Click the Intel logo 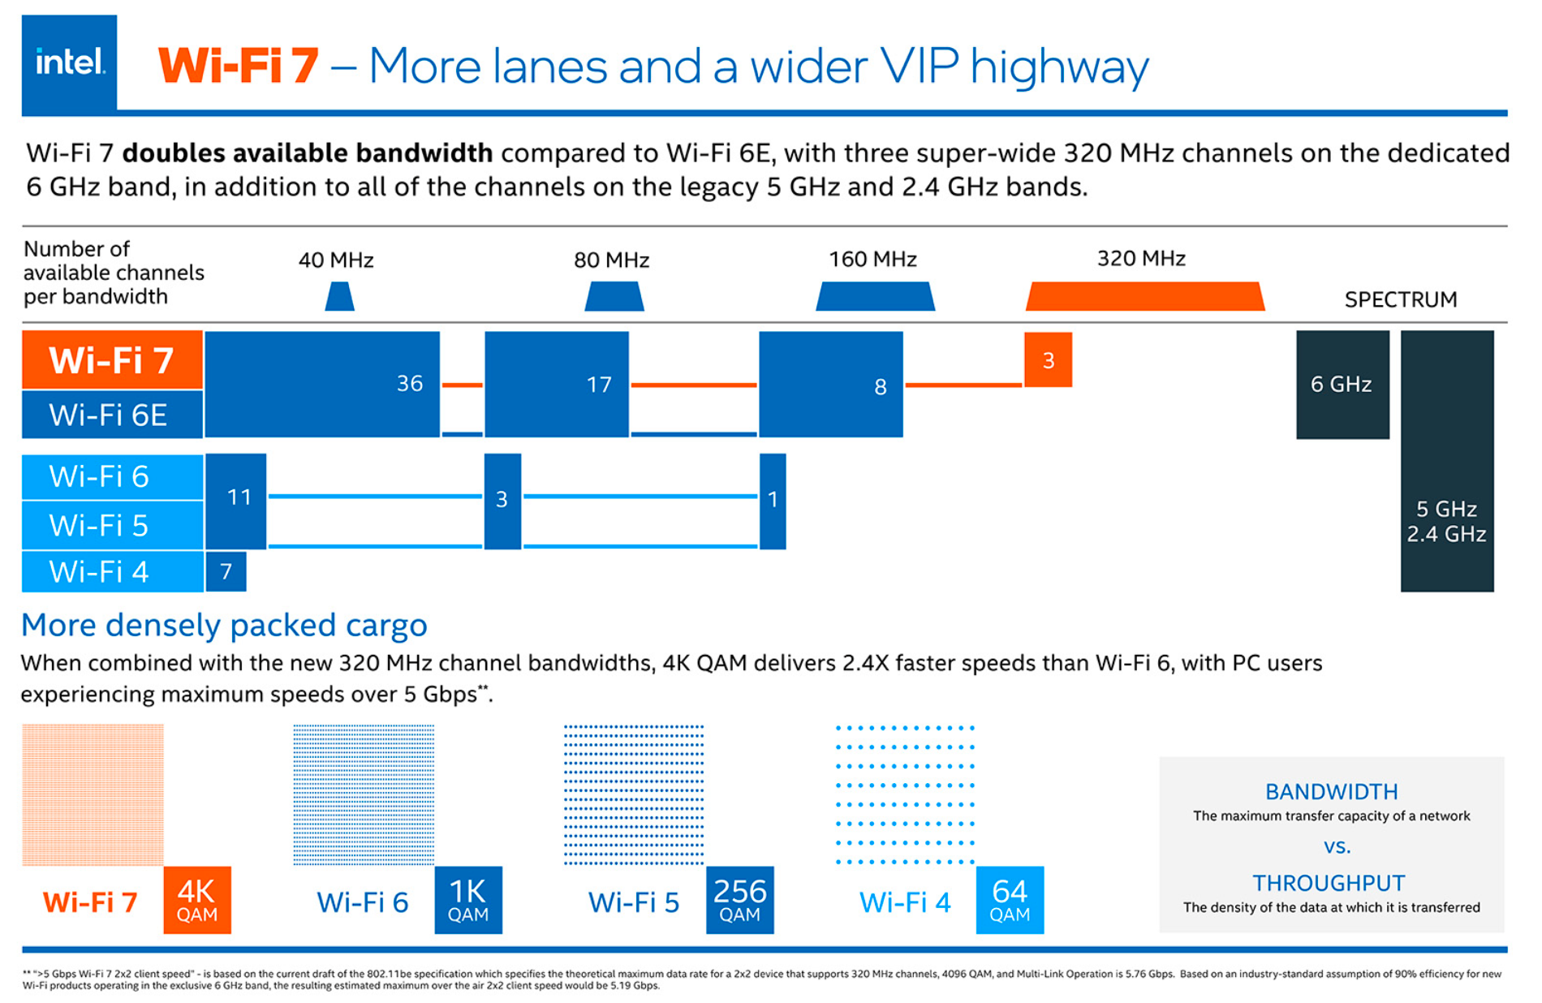pyautogui.click(x=69, y=62)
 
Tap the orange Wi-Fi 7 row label pyautogui.click(x=112, y=359)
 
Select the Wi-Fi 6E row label pyautogui.click(x=112, y=415)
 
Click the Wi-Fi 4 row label pyautogui.click(x=112, y=571)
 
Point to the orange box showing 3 pyautogui.click(x=1048, y=359)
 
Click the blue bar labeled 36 pyautogui.click(x=322, y=384)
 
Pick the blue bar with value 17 pyautogui.click(x=557, y=384)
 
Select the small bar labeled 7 pyautogui.click(x=226, y=571)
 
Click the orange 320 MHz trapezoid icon pyautogui.click(x=1144, y=296)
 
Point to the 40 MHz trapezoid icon pyautogui.click(x=339, y=296)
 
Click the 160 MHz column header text pyautogui.click(x=872, y=260)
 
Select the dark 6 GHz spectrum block pyautogui.click(x=1342, y=384)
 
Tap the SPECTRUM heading pyautogui.click(x=1400, y=299)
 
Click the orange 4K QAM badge pyautogui.click(x=197, y=900)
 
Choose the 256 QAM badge pyautogui.click(x=739, y=900)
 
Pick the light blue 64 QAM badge pyautogui.click(x=1010, y=900)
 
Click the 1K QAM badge pyautogui.click(x=468, y=900)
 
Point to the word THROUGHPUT pyautogui.click(x=1329, y=883)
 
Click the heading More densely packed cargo pyautogui.click(x=224, y=625)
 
